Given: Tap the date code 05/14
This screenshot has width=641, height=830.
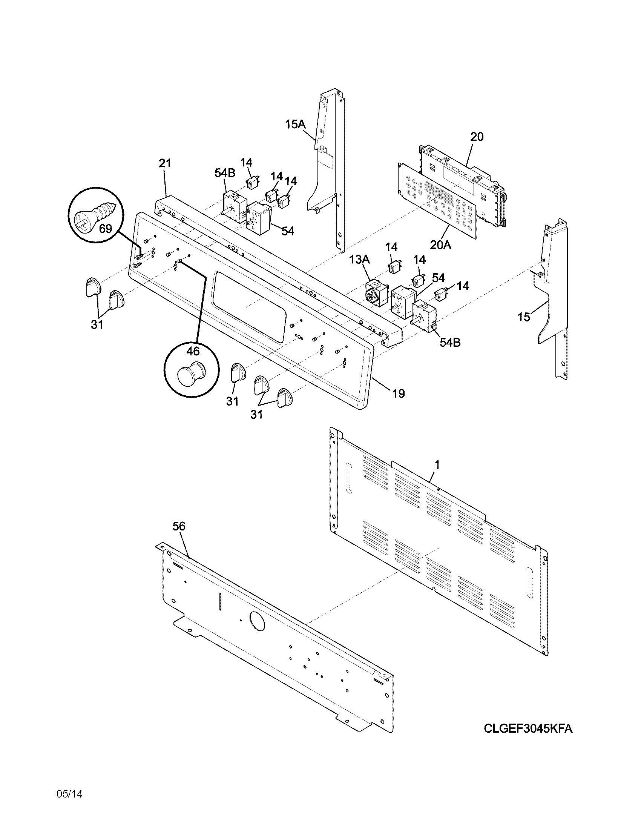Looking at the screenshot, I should point(69,794).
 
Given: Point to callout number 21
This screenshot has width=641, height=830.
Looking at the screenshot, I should point(165,163).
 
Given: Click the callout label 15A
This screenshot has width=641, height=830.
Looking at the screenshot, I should point(295,124).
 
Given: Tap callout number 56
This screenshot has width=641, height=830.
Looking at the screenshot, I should point(179,526).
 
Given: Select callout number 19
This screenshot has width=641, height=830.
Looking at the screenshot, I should point(398,393).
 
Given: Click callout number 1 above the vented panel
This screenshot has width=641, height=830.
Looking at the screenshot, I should point(437,464).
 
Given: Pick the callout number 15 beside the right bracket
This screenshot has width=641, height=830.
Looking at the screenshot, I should point(524,317).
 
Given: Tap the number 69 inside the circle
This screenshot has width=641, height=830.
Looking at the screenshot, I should point(106,229).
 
